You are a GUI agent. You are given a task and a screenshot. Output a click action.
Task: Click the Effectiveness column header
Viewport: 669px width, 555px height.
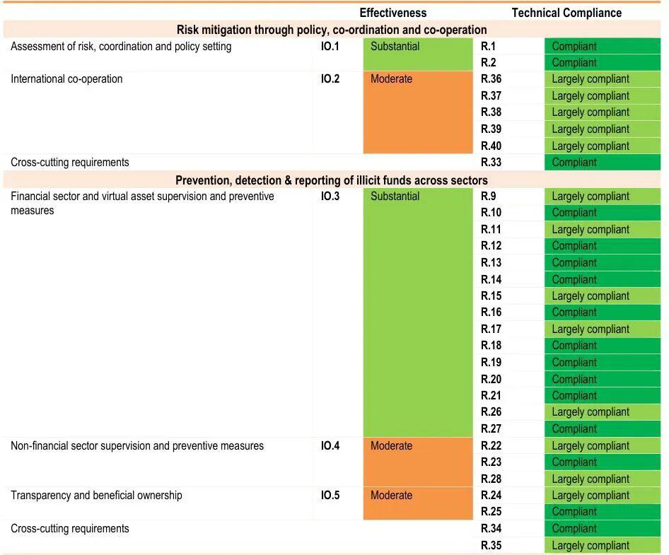392,13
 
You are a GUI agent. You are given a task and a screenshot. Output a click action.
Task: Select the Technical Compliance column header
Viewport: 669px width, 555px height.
566,13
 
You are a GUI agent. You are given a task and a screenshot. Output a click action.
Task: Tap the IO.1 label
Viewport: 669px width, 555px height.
330,47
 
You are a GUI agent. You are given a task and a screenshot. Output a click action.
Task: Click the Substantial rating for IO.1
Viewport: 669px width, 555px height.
395,47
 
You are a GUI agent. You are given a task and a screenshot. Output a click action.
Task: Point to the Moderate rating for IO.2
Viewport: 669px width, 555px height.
391,79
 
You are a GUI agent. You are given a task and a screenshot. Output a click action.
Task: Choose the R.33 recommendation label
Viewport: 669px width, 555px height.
491,163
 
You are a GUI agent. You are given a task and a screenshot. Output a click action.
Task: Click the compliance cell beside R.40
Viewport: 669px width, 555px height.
591,146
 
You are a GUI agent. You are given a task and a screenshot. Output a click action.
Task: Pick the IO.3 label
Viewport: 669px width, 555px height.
330,197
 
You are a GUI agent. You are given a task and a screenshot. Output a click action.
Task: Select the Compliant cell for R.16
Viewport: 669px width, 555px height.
574,312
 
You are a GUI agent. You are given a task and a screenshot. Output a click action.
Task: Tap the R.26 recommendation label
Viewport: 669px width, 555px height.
491,412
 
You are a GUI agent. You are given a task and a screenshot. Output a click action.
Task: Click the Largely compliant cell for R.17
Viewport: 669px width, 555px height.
591,329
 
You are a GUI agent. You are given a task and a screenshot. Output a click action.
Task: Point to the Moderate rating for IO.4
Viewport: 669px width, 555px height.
391,446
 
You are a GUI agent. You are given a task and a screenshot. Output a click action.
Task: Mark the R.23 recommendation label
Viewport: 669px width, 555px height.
491,462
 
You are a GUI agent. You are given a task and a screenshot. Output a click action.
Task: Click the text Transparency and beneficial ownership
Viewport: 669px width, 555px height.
96,496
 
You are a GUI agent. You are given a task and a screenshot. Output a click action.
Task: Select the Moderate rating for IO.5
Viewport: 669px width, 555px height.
391,496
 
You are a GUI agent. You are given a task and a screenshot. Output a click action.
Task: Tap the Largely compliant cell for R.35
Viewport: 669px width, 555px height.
591,546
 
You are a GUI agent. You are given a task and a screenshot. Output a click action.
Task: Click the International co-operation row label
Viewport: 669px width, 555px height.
66,79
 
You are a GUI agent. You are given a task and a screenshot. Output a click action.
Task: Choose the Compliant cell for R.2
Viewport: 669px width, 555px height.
574,63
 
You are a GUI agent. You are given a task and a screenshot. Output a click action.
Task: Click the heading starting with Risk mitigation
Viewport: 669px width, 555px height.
332,30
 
